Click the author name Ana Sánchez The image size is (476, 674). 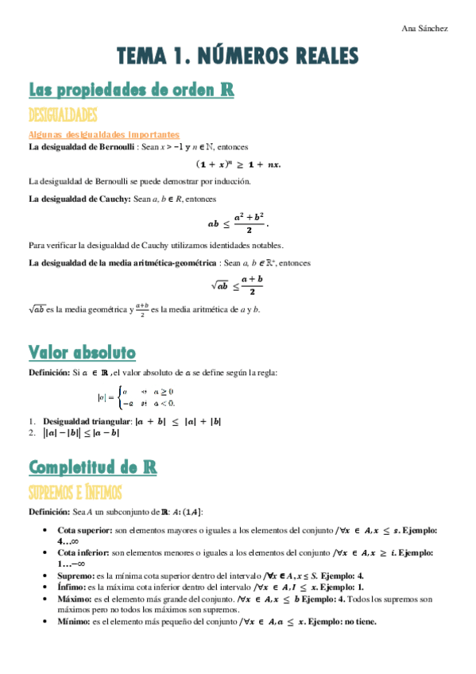[x=426, y=29]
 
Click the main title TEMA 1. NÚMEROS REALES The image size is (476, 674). [x=238, y=56]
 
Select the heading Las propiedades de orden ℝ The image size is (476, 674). [x=131, y=89]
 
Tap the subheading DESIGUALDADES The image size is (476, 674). [x=63, y=114]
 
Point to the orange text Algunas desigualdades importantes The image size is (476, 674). [x=103, y=135]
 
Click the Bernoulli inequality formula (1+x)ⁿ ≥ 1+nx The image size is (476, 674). [x=238, y=165]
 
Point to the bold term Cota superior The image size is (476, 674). [x=83, y=529]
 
